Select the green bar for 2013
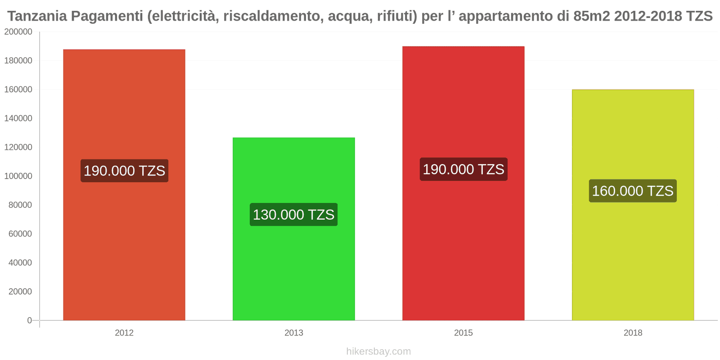(x=293, y=270)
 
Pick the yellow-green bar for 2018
(x=633, y=261)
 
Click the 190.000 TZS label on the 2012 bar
(x=124, y=171)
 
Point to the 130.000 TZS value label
(x=293, y=215)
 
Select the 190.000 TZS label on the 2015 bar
(x=463, y=169)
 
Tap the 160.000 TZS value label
(x=632, y=191)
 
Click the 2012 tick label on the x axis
(x=124, y=333)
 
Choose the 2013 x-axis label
(x=294, y=333)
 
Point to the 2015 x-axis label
(x=463, y=333)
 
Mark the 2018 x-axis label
(x=633, y=333)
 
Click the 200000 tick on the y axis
(x=18, y=32)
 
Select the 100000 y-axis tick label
(x=18, y=176)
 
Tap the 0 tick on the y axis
(x=30, y=320)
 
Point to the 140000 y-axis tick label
(x=18, y=118)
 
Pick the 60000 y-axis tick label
(x=20, y=234)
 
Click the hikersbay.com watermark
(x=378, y=351)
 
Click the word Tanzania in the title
(x=37, y=16)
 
